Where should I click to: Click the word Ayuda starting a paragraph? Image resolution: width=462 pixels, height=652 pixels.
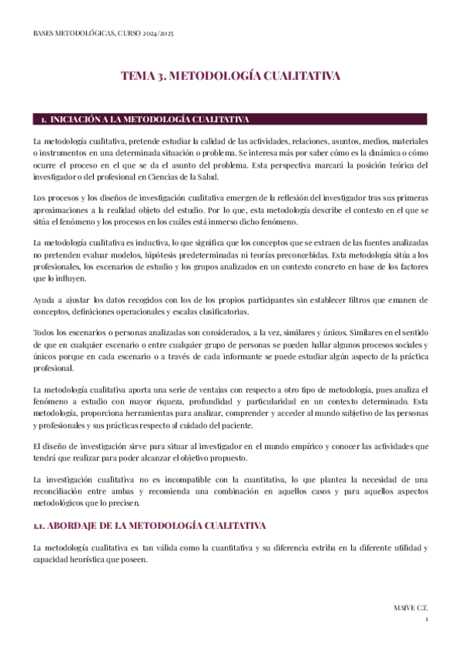tap(45, 299)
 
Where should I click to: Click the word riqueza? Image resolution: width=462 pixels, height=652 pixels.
tap(174, 402)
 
